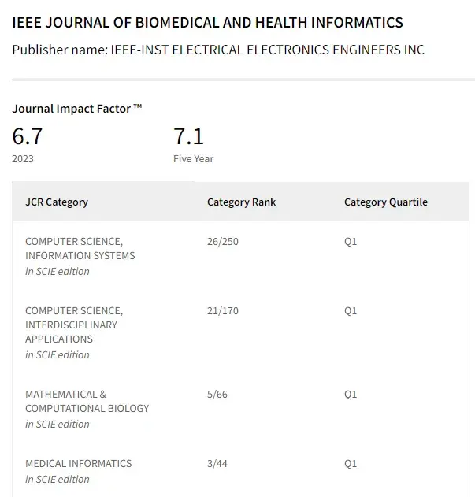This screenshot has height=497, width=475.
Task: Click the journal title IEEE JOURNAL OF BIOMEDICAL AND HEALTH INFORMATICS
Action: click(x=208, y=23)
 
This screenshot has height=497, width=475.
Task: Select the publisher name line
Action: click(x=218, y=50)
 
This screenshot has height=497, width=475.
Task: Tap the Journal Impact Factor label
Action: click(x=77, y=109)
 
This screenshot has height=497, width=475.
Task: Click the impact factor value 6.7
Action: click(x=28, y=136)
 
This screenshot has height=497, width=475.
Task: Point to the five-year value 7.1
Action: click(x=189, y=136)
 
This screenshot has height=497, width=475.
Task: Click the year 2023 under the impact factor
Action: click(x=24, y=158)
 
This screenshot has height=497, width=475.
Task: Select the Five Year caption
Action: click(x=194, y=158)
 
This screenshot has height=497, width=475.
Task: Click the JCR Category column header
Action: click(x=57, y=202)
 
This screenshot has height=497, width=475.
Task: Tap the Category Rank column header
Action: click(x=242, y=202)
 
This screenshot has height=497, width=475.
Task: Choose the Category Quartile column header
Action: click(x=386, y=202)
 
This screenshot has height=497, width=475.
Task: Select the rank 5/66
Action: click(x=217, y=394)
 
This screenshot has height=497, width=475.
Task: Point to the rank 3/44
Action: click(x=217, y=463)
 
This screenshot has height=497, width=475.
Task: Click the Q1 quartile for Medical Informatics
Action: click(x=351, y=463)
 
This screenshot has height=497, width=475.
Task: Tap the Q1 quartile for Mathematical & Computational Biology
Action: click(x=351, y=394)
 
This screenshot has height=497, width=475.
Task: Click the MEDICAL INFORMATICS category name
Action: click(x=79, y=463)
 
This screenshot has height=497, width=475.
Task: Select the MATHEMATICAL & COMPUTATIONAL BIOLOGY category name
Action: click(x=87, y=401)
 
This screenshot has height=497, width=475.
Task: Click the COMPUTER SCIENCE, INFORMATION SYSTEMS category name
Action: click(x=80, y=248)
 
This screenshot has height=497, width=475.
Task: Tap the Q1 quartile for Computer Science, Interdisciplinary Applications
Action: click(x=351, y=310)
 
